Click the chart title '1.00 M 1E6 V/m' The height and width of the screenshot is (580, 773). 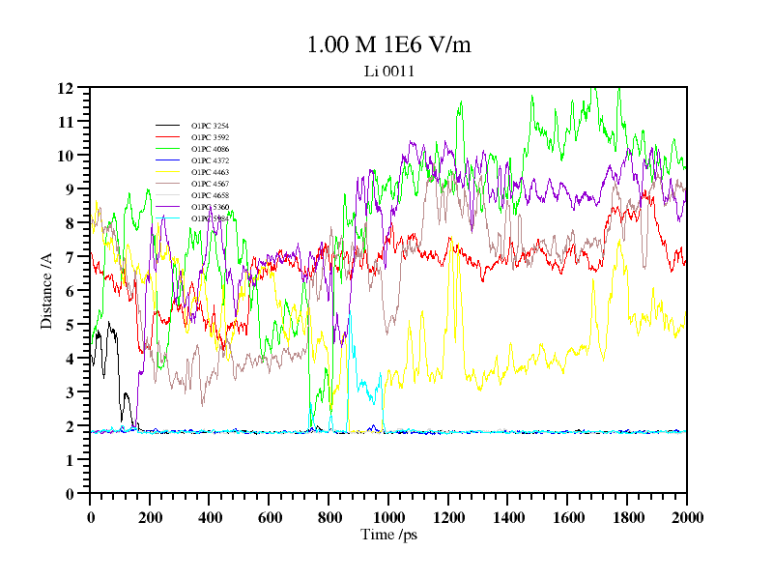388,45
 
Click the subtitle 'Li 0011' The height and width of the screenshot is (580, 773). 388,71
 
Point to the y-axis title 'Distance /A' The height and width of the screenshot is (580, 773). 45,290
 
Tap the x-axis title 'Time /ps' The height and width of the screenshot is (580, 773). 387,535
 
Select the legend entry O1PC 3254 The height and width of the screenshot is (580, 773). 210,126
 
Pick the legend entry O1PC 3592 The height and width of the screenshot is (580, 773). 210,137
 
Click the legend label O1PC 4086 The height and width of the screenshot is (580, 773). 210,149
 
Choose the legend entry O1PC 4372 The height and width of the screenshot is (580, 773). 210,160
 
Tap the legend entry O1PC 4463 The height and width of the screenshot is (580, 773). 210,172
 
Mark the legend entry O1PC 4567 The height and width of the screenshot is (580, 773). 210,184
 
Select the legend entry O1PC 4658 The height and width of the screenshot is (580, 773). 210,195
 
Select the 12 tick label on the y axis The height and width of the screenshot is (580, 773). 67,88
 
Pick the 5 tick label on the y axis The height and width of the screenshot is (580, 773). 71,325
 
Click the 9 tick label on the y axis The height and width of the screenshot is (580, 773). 71,189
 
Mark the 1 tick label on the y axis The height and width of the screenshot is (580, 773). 71,460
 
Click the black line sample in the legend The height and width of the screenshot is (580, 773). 168,126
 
